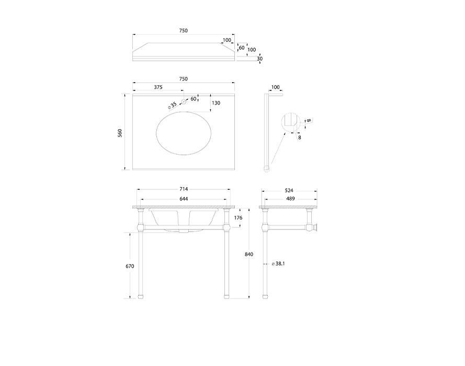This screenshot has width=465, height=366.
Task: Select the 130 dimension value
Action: coord(216,103)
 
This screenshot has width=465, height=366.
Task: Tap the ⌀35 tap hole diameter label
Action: coord(173,105)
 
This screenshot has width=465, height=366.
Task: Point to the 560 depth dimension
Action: coord(120,132)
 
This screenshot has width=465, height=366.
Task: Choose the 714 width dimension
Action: coord(184,189)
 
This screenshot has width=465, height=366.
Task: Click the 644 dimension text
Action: coord(184,199)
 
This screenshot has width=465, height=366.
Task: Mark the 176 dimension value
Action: coord(239,218)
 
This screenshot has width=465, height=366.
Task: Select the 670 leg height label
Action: coord(130,266)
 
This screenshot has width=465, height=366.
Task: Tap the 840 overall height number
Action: coord(249,254)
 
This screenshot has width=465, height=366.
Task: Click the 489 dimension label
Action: coord(289,199)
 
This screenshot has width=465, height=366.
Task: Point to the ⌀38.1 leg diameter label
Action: coord(278,264)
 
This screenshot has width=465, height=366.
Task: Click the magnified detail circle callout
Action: coord(291,122)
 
